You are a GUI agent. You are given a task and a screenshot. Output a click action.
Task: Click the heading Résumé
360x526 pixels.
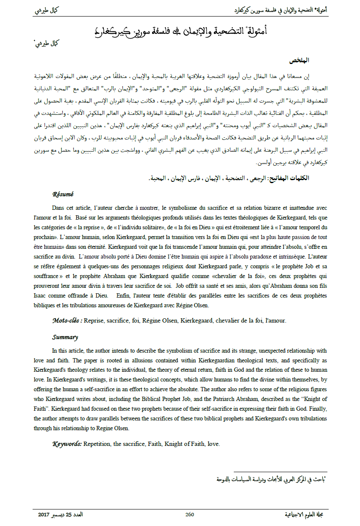(63, 194)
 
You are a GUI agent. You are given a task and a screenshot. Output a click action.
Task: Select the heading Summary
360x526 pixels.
(65, 337)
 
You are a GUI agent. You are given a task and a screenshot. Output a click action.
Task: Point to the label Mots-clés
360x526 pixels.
(67, 320)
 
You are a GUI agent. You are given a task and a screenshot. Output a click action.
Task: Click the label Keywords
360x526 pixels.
(67, 444)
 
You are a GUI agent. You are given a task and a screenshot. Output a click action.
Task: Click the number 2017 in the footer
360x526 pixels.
(44, 515)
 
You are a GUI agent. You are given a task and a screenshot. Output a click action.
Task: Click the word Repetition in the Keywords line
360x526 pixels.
(98, 444)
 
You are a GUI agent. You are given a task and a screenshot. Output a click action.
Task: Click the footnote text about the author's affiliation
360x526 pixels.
(271, 479)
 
